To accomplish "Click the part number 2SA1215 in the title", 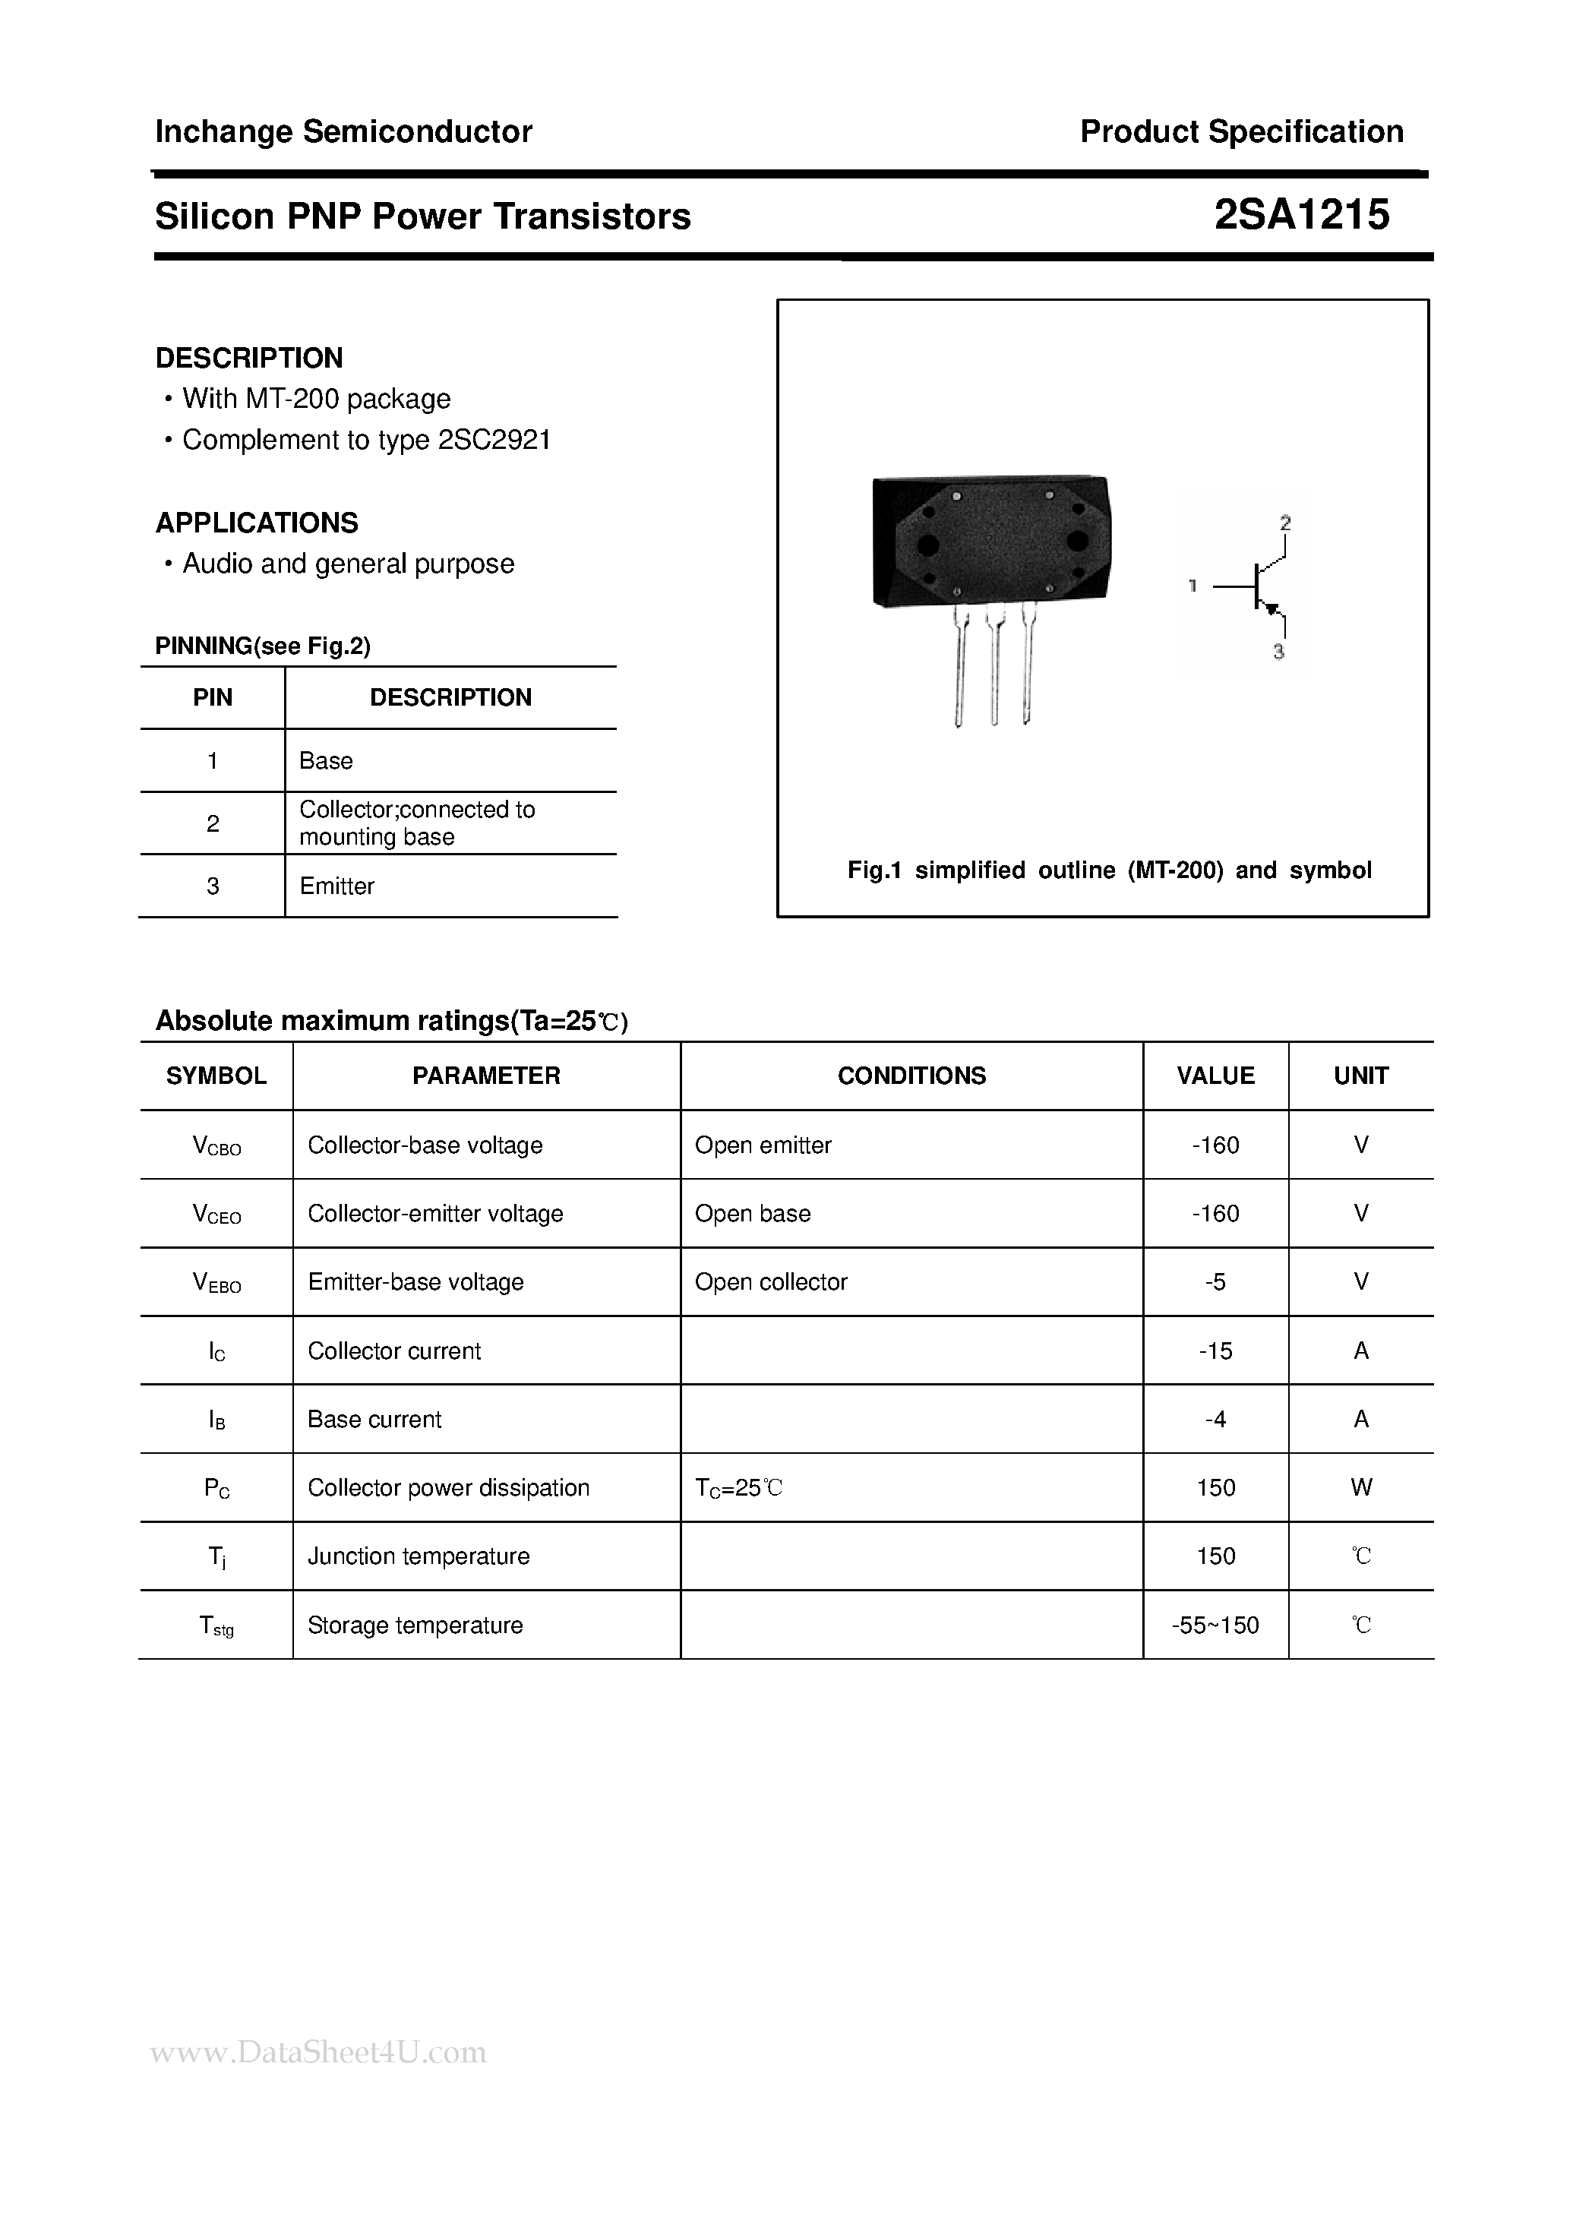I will coord(1301,213).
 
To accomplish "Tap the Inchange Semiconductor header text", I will coord(343,131).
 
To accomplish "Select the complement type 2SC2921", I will coord(494,440).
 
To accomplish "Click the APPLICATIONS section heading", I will coord(256,523).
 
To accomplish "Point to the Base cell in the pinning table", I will coord(326,760).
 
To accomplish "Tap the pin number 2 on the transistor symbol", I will coord(1284,523).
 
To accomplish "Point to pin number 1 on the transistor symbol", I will coord(1193,585).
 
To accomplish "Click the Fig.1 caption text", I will coord(1109,870).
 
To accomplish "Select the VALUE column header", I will coord(1215,1075).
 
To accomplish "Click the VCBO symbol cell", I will coord(216,1145).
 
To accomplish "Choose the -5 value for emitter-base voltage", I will coord(1215,1281).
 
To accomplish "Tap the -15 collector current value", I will coord(1215,1351).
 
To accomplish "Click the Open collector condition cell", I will coord(771,1281).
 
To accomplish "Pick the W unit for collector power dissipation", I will coord(1361,1488).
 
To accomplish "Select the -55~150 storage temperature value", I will coord(1215,1625).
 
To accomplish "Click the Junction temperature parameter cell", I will coord(418,1556).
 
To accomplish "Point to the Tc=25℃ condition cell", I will coord(738,1488).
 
